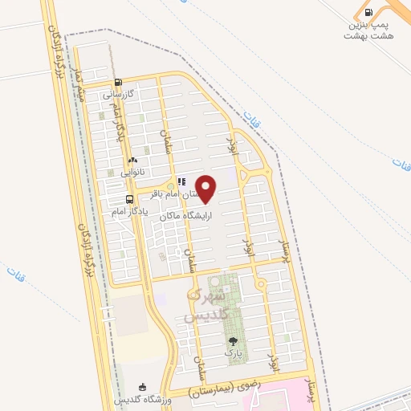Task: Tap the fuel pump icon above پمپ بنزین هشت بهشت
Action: [x=368, y=12]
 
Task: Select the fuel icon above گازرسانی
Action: [x=119, y=82]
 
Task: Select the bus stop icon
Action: [x=129, y=199]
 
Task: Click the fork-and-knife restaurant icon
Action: [x=181, y=181]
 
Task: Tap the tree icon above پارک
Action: [x=233, y=341]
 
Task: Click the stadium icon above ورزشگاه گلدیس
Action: [x=143, y=387]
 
